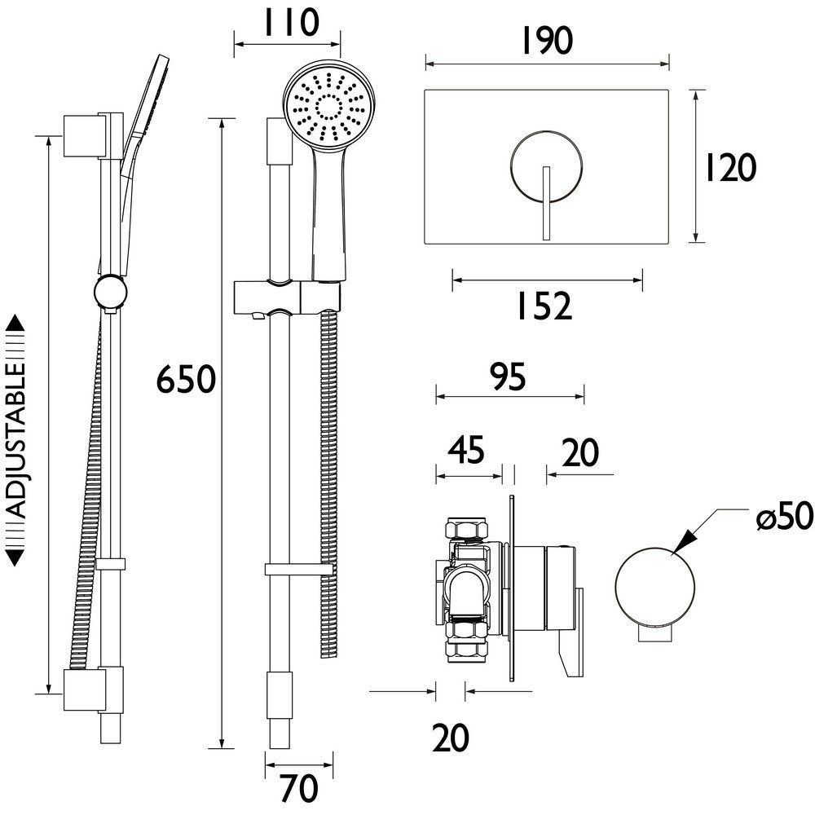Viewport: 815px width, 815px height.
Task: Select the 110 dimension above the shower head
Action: pos(288,23)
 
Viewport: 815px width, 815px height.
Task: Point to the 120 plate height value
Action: pos(730,168)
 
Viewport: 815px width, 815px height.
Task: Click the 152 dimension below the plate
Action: pos(545,307)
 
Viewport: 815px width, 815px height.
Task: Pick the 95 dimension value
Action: pos(509,377)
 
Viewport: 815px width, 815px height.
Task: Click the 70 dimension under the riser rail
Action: pos(298,789)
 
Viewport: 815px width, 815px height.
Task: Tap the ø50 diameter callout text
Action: pos(784,517)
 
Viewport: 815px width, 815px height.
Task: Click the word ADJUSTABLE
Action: pos(17,440)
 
